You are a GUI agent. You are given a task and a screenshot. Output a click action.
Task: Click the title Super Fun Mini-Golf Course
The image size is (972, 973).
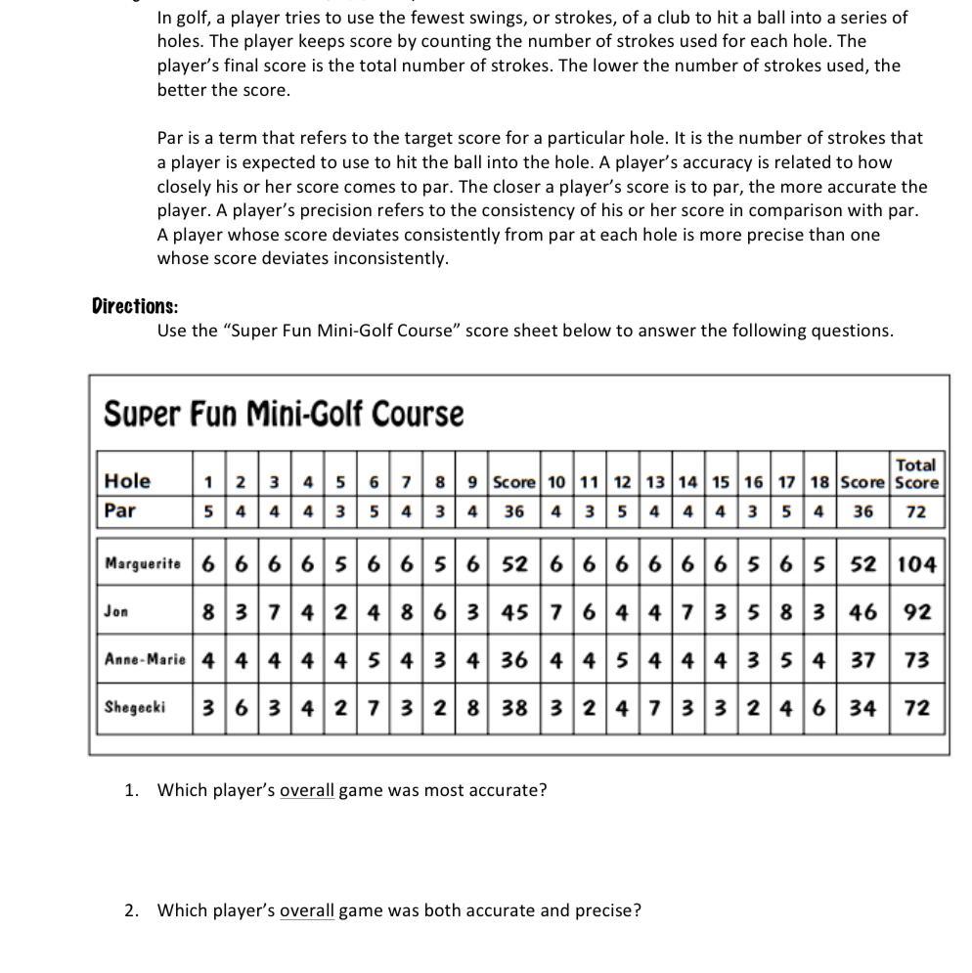284,414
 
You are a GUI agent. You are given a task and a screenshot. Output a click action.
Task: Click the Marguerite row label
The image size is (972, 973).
143,563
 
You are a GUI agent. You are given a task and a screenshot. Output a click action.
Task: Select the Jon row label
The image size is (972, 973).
116,611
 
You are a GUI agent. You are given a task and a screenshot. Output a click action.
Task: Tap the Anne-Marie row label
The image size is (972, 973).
145,659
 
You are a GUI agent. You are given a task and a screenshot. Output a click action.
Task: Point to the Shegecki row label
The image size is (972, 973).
134,707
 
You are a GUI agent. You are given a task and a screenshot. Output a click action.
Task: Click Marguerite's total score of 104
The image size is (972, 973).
916,564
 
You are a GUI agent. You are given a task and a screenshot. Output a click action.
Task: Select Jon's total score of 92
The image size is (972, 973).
916,612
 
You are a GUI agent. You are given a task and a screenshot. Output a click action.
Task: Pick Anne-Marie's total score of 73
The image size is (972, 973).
916,660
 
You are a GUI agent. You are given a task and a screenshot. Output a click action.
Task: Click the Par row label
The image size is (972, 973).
120,510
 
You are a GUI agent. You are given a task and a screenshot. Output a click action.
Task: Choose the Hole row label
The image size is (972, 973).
127,481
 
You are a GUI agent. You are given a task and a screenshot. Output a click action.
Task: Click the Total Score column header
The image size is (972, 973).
916,473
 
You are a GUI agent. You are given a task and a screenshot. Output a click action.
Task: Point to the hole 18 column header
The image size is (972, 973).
819,482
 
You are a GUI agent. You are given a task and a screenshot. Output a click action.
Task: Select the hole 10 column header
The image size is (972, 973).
556,482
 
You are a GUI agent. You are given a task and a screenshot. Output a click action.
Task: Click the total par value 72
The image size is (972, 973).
916,511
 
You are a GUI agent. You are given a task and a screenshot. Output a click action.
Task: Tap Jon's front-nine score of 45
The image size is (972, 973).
514,612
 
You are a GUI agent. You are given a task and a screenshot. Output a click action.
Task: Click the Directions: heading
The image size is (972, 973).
135,306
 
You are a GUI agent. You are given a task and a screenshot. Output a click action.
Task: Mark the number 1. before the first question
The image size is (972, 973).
131,790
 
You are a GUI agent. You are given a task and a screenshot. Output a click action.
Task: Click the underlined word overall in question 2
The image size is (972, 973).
307,910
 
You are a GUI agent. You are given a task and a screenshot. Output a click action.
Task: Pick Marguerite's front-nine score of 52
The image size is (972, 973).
514,564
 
